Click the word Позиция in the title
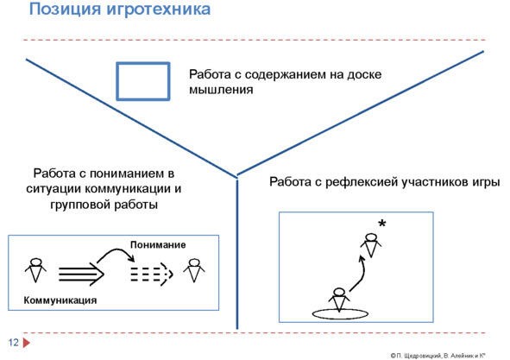[x=66, y=9]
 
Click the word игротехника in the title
[x=159, y=9]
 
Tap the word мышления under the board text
[x=221, y=90]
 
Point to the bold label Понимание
[x=158, y=244]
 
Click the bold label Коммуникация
[x=60, y=300]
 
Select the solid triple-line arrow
[x=81, y=275]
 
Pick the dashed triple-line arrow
[x=152, y=275]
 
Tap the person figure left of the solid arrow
[x=35, y=270]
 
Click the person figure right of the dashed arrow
[x=194, y=270]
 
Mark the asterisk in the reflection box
[x=382, y=224]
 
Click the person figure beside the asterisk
[x=371, y=245]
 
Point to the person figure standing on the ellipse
[x=339, y=300]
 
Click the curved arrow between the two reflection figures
[x=362, y=276]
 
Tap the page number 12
[x=13, y=343]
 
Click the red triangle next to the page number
[x=27, y=343]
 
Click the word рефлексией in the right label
[x=362, y=182]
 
